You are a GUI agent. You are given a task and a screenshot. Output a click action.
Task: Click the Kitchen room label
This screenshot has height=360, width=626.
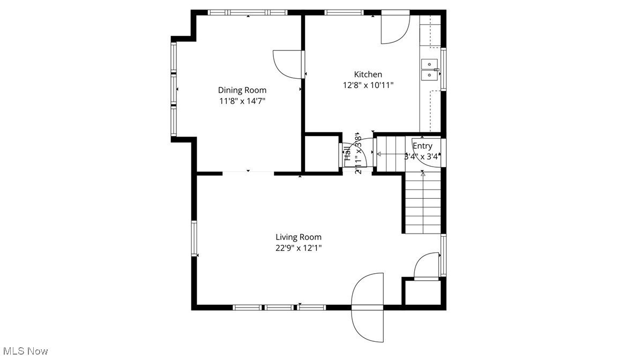[368, 74]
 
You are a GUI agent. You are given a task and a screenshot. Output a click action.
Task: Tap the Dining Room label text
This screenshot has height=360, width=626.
[242, 90]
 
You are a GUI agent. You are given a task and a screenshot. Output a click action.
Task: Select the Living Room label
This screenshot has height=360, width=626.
[299, 237]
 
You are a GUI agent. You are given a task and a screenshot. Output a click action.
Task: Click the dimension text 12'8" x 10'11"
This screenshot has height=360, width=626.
[368, 85]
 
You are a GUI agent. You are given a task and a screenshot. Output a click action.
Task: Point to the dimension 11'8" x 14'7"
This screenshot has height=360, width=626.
[242, 100]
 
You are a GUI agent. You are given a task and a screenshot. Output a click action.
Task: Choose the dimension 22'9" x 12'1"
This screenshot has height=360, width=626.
[299, 247]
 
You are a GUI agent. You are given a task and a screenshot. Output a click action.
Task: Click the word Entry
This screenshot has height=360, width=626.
[422, 146]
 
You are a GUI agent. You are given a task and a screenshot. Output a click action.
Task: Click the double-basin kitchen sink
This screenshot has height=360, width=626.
[430, 70]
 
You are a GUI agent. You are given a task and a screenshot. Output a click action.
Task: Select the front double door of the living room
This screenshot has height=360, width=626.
[368, 307]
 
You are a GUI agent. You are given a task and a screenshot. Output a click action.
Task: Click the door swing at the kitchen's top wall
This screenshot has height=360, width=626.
[396, 29]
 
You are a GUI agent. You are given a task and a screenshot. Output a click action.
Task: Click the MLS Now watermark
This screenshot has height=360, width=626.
[24, 351]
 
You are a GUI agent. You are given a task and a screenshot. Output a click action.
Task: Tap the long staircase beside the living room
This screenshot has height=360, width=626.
[422, 204]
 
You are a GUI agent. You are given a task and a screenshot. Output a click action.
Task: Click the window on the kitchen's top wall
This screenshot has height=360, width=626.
[344, 12]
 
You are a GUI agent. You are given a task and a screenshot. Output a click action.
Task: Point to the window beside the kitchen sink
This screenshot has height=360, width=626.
[443, 69]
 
